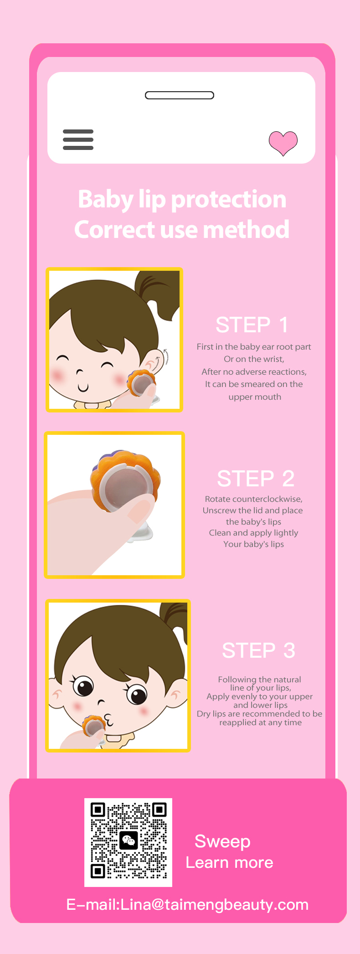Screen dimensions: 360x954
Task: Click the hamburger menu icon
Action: coord(78,139)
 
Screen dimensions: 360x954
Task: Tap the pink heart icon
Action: coord(283,143)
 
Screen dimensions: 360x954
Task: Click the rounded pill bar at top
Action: coord(180,95)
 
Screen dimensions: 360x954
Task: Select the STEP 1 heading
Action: coord(252,325)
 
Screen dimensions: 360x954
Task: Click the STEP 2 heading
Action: coord(256,479)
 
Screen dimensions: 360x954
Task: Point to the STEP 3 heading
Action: coord(258,650)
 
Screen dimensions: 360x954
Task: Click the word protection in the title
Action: coord(229,200)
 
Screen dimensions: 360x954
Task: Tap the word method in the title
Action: coord(246,229)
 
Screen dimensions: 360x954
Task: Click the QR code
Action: coord(129,842)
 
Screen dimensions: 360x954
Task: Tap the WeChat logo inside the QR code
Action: coord(129,840)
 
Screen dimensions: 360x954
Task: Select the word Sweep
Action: coord(222,841)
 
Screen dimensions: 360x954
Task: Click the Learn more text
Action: coord(230,862)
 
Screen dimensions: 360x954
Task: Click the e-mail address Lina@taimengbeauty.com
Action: coord(215,904)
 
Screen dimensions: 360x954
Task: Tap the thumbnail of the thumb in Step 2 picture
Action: coord(140,511)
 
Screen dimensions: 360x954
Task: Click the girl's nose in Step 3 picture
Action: coord(101,702)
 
